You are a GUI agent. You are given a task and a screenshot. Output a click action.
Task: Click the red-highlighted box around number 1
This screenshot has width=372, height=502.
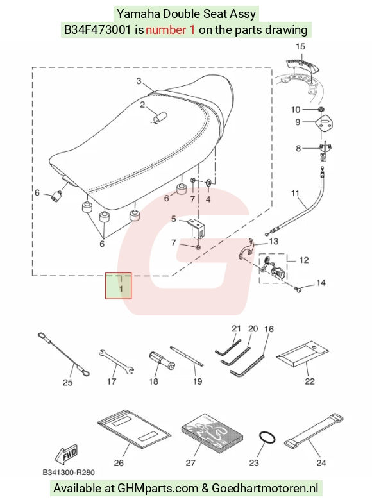[118, 286]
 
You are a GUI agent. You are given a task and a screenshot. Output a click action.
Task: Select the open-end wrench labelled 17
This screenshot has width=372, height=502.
[116, 362]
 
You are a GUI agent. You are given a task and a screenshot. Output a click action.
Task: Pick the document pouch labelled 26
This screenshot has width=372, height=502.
[134, 429]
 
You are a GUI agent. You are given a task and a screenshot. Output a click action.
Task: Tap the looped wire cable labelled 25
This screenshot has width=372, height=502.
[63, 354]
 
